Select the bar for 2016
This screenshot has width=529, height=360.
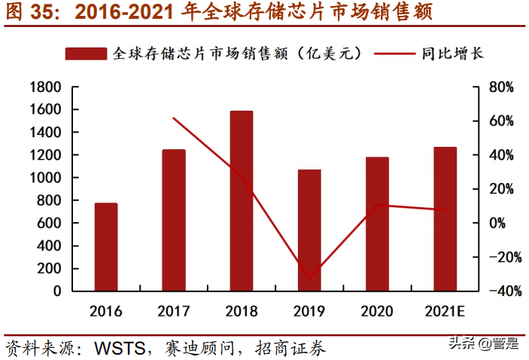click(x=106, y=247)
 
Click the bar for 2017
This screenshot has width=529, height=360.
click(x=174, y=220)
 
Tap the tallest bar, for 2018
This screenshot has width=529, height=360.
click(x=242, y=200)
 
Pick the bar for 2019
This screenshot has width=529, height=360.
click(x=309, y=230)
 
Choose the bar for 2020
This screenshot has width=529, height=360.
click(x=377, y=224)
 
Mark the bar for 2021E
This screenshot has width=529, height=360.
click(x=445, y=218)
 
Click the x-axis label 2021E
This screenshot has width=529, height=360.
click(x=445, y=310)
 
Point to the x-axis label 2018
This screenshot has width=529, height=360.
click(x=242, y=310)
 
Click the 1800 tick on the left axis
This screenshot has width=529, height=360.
click(x=45, y=87)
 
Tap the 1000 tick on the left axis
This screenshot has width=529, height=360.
click(x=45, y=178)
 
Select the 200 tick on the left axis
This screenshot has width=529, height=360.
click(x=50, y=268)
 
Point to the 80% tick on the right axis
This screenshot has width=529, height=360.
click(x=500, y=87)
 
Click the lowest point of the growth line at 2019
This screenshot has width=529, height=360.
click(x=309, y=278)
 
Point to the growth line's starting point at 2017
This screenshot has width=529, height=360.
click(x=174, y=118)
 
